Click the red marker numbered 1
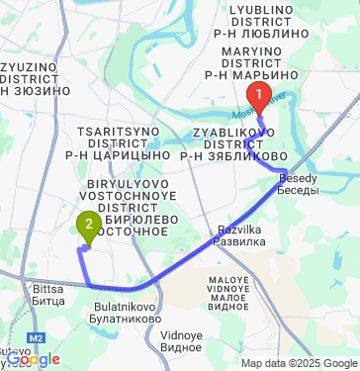pos(259,97)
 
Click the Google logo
pos(33,360)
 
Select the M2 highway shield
pos(36,338)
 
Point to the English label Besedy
pos(299,177)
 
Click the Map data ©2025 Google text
pos(298,363)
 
